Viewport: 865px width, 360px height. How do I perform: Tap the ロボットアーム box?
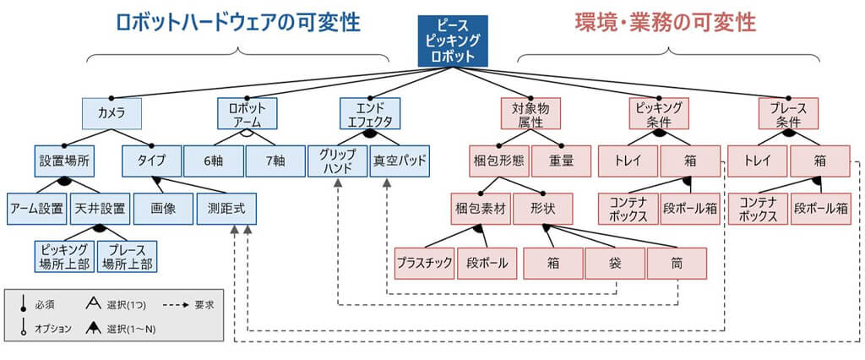point(247,113)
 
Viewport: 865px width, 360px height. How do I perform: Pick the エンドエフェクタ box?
point(370,113)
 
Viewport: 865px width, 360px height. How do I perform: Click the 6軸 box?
point(214,161)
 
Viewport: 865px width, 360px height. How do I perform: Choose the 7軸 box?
point(275,161)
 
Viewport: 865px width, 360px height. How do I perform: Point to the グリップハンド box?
point(337,161)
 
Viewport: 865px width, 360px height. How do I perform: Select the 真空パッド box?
point(400,161)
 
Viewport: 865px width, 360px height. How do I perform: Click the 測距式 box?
point(226,208)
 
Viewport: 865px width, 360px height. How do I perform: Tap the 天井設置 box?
point(99,208)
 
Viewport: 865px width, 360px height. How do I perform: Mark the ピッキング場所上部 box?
point(63,256)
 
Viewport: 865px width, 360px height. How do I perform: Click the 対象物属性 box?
point(530,113)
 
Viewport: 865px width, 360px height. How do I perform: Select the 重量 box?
point(561,161)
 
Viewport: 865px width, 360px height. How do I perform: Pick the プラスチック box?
point(425,262)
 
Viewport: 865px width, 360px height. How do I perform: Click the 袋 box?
point(615,262)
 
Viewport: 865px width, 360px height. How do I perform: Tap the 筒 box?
point(677,262)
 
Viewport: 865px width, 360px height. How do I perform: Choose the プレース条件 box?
point(788,113)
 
